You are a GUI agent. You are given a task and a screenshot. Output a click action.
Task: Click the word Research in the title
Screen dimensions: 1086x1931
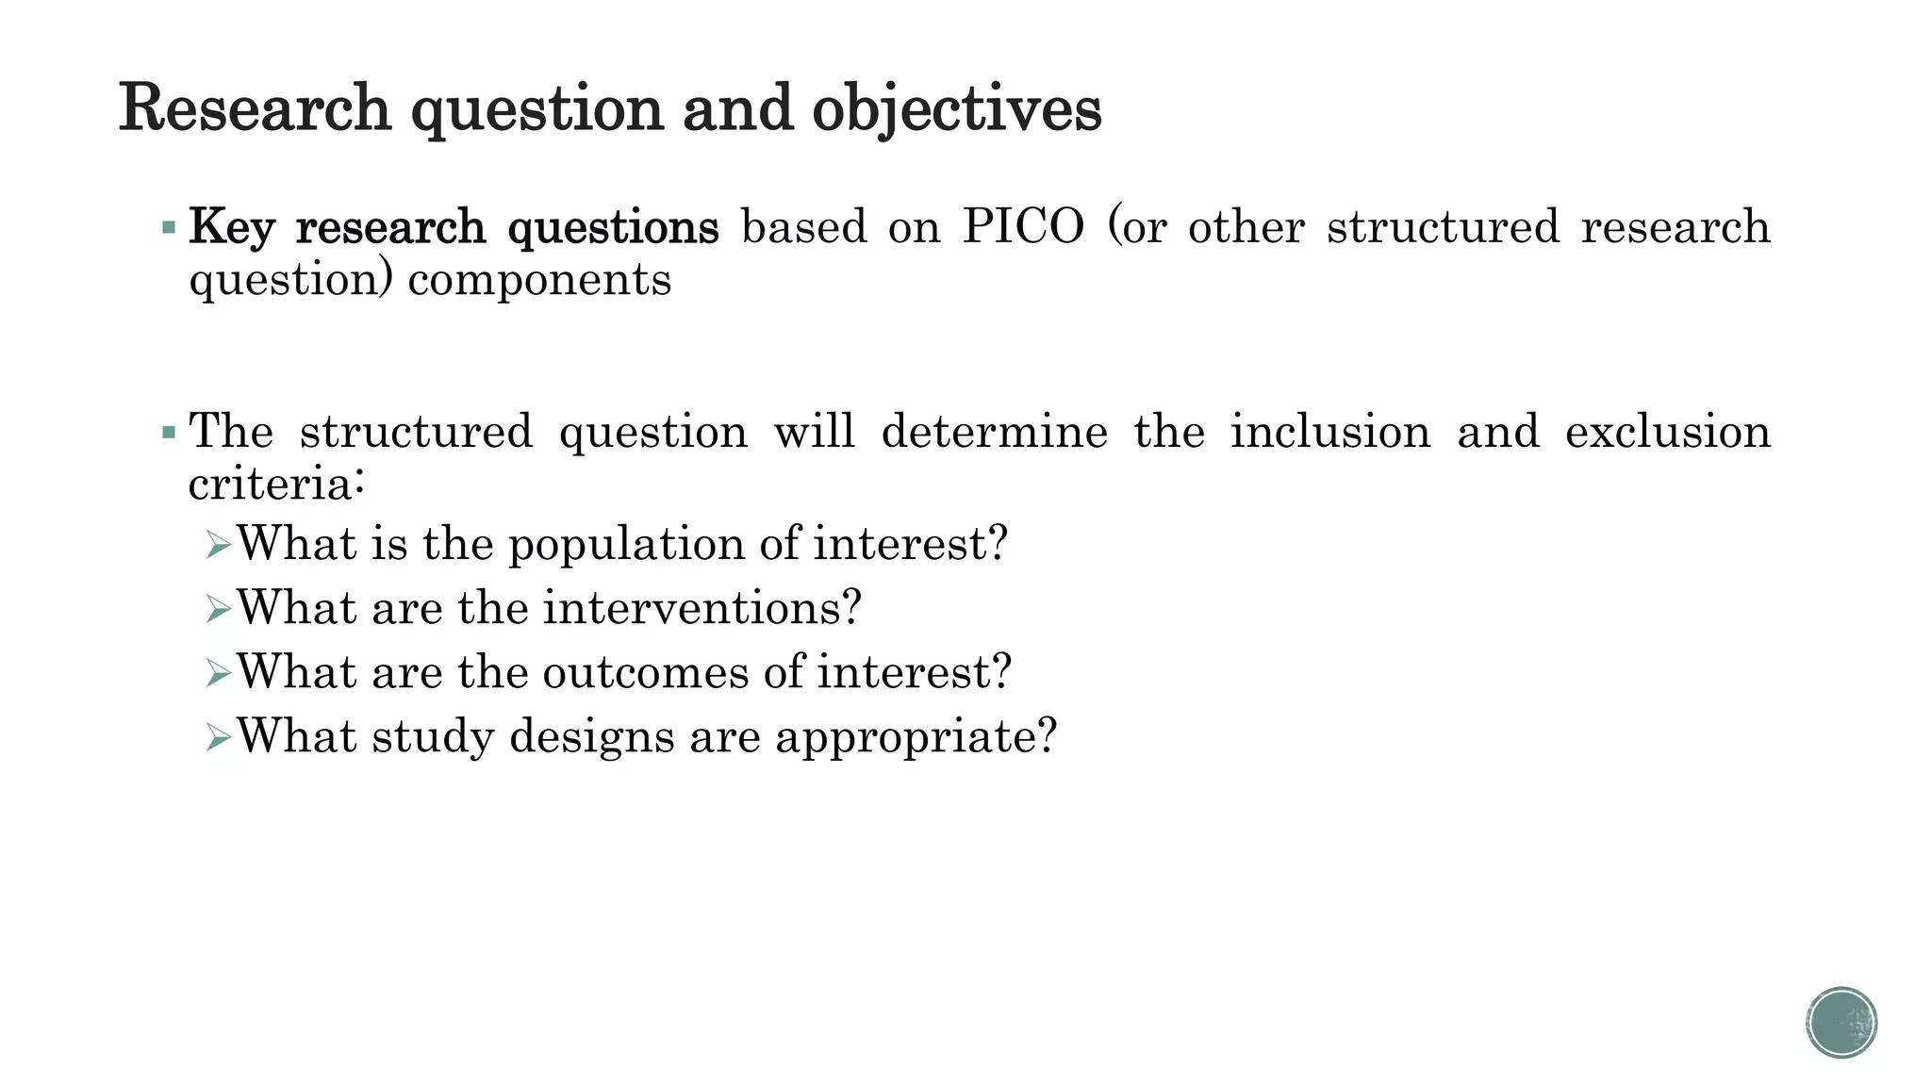pos(255,108)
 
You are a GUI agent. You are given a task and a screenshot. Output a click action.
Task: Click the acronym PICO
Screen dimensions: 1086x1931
pos(1023,227)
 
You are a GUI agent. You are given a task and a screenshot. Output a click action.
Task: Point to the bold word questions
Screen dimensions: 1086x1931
pos(613,229)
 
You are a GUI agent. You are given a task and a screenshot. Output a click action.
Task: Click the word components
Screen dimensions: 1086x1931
pos(539,281)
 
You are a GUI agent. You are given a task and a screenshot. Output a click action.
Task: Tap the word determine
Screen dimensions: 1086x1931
pos(994,432)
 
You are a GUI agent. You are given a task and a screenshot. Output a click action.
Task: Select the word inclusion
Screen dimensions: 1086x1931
pos(1330,432)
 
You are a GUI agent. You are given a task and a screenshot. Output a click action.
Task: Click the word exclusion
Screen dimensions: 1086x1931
pos(1667,432)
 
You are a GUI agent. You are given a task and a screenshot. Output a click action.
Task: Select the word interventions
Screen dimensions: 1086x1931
pos(701,608)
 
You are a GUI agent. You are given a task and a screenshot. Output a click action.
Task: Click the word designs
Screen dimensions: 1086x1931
pos(592,737)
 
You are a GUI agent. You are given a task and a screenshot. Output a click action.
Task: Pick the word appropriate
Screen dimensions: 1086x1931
pos(916,737)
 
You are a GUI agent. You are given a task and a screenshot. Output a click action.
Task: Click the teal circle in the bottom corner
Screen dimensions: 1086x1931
pos(1841,1023)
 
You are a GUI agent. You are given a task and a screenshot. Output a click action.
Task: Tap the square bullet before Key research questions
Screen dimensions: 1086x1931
pos(169,227)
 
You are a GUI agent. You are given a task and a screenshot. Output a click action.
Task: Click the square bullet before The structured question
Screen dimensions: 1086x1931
pos(169,433)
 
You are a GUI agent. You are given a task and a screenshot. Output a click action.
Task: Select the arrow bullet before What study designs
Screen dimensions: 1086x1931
pos(218,737)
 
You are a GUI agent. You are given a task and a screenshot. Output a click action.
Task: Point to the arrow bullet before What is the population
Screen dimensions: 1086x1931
pos(218,545)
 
